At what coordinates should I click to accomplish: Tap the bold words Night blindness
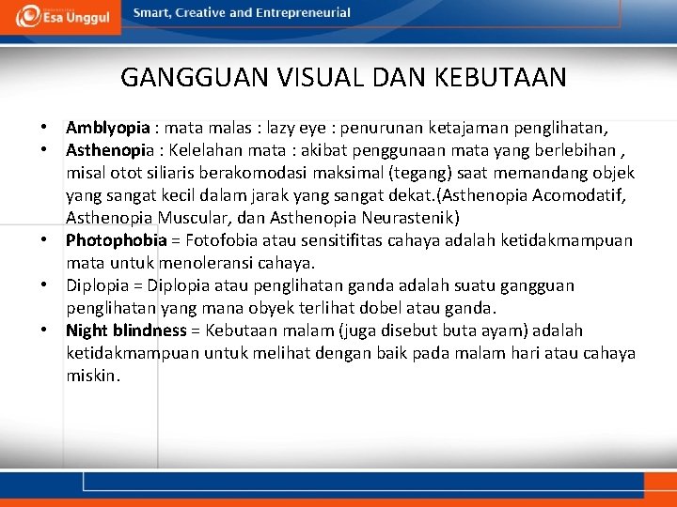click(x=126, y=330)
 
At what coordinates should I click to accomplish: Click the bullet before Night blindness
click(x=43, y=330)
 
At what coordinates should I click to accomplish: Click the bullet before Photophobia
click(x=43, y=240)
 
